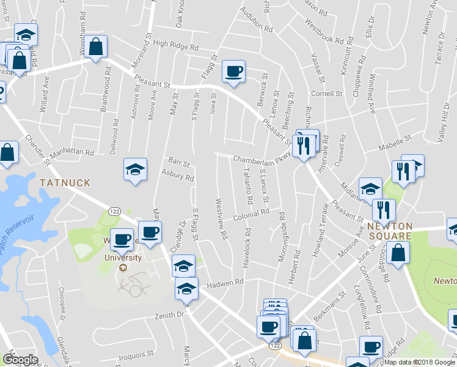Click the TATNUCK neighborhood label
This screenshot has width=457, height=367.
tap(65, 182)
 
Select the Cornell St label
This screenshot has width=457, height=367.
tap(326, 94)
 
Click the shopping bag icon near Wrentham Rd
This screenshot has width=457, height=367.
tap(96, 47)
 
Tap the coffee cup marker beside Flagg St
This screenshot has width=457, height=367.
tap(233, 72)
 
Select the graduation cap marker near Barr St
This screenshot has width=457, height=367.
tap(136, 169)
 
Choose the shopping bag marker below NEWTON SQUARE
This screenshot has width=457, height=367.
tap(398, 251)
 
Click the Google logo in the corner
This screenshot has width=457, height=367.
tap(20, 359)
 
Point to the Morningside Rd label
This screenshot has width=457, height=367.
tap(281, 237)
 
